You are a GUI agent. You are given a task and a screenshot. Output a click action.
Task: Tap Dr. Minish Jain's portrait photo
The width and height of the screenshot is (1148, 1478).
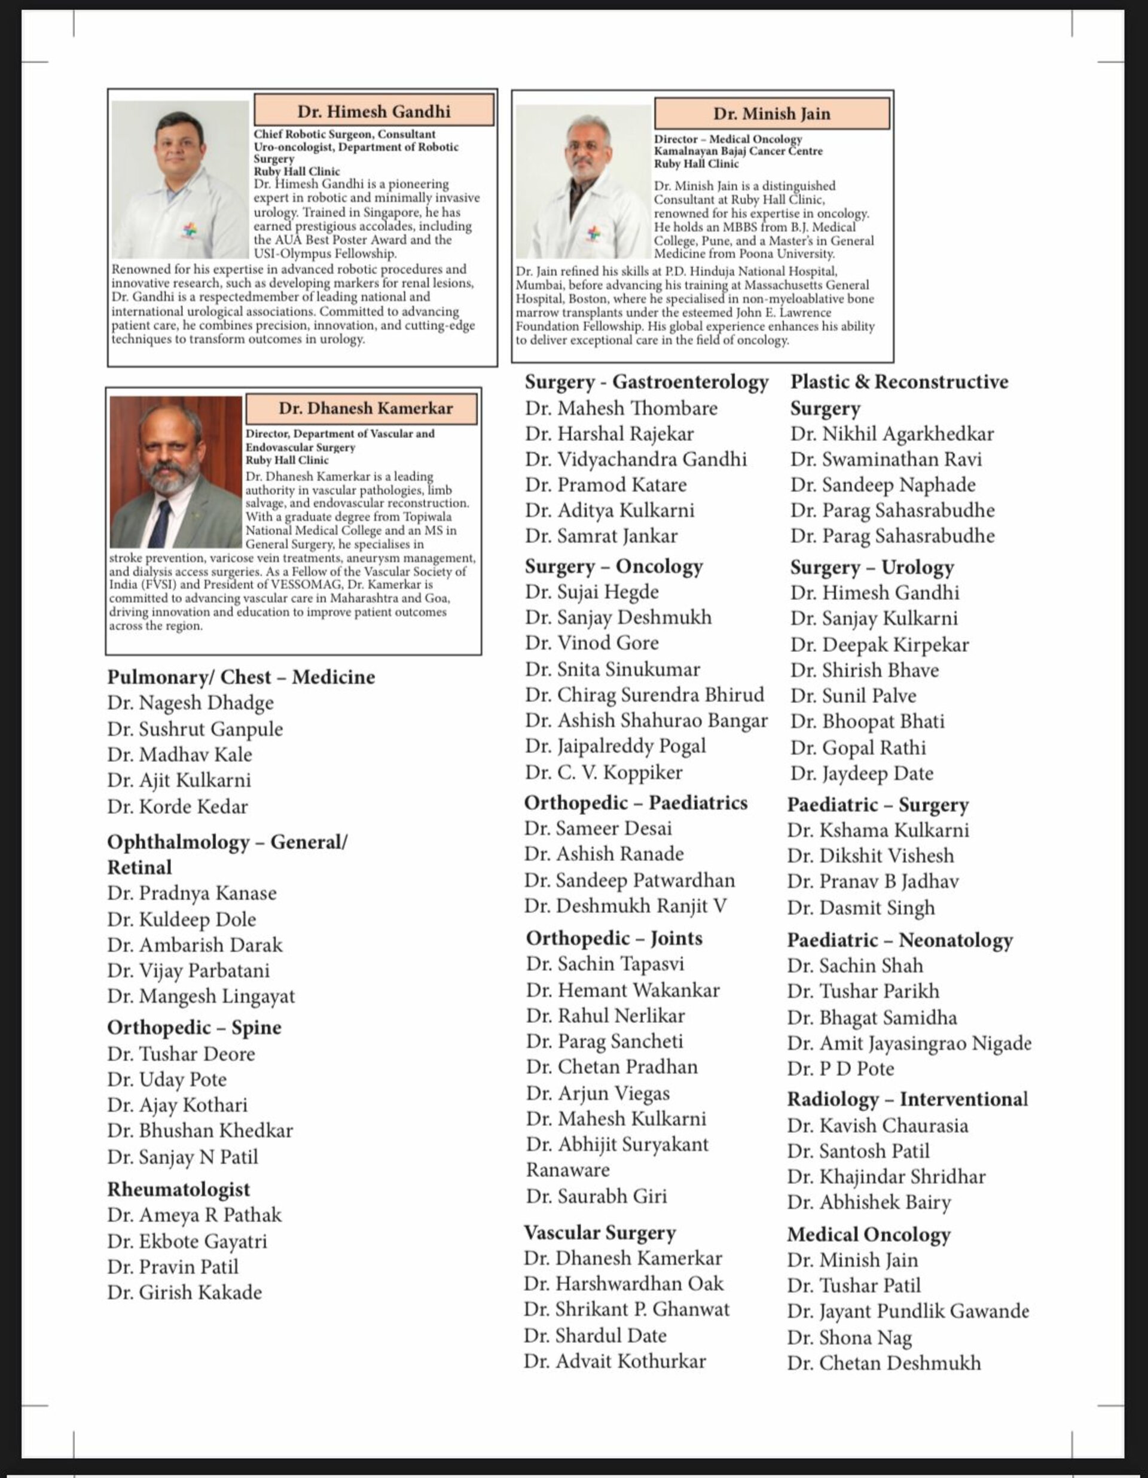(x=583, y=181)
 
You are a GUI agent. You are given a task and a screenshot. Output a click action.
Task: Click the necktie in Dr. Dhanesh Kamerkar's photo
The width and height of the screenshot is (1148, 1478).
(x=160, y=522)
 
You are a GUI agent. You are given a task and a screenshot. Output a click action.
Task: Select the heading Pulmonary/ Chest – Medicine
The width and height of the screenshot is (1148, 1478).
(x=241, y=678)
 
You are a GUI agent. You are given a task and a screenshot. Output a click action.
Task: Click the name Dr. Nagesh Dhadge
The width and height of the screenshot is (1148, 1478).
(x=190, y=703)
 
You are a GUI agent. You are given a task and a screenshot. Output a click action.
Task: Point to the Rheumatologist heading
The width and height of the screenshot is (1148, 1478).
(x=179, y=1189)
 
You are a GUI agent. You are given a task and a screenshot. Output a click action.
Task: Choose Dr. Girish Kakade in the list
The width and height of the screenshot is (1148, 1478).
(x=184, y=1293)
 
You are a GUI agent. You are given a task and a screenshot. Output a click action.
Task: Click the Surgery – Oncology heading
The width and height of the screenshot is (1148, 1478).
(x=613, y=566)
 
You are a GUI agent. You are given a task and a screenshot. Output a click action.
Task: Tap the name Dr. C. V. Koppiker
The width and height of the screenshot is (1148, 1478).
(x=603, y=772)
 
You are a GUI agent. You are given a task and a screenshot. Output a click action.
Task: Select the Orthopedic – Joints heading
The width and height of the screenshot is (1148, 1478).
(x=614, y=938)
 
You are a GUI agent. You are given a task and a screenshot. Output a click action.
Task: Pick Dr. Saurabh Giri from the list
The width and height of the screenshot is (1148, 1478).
(x=596, y=1196)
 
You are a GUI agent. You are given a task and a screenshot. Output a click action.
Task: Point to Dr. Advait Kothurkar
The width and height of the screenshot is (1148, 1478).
(x=614, y=1361)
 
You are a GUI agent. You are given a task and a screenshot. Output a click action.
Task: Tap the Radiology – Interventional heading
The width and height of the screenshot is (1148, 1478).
(x=906, y=1099)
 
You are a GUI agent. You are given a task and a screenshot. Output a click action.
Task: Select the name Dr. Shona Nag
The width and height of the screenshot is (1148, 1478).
(x=849, y=1338)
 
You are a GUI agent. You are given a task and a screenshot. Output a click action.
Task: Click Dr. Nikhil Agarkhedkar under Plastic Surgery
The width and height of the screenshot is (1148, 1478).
(x=891, y=434)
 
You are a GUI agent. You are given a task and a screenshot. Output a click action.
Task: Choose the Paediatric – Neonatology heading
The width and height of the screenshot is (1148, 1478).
(x=900, y=940)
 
